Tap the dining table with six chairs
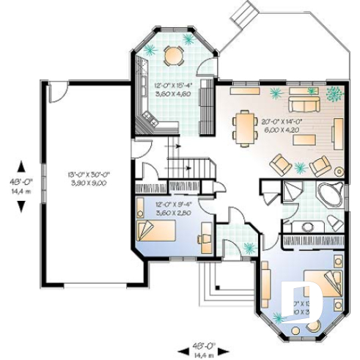tap(243, 126)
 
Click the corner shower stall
tap(295, 193)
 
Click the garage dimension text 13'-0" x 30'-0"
tap(87, 178)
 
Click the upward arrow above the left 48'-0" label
tap(21, 166)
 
